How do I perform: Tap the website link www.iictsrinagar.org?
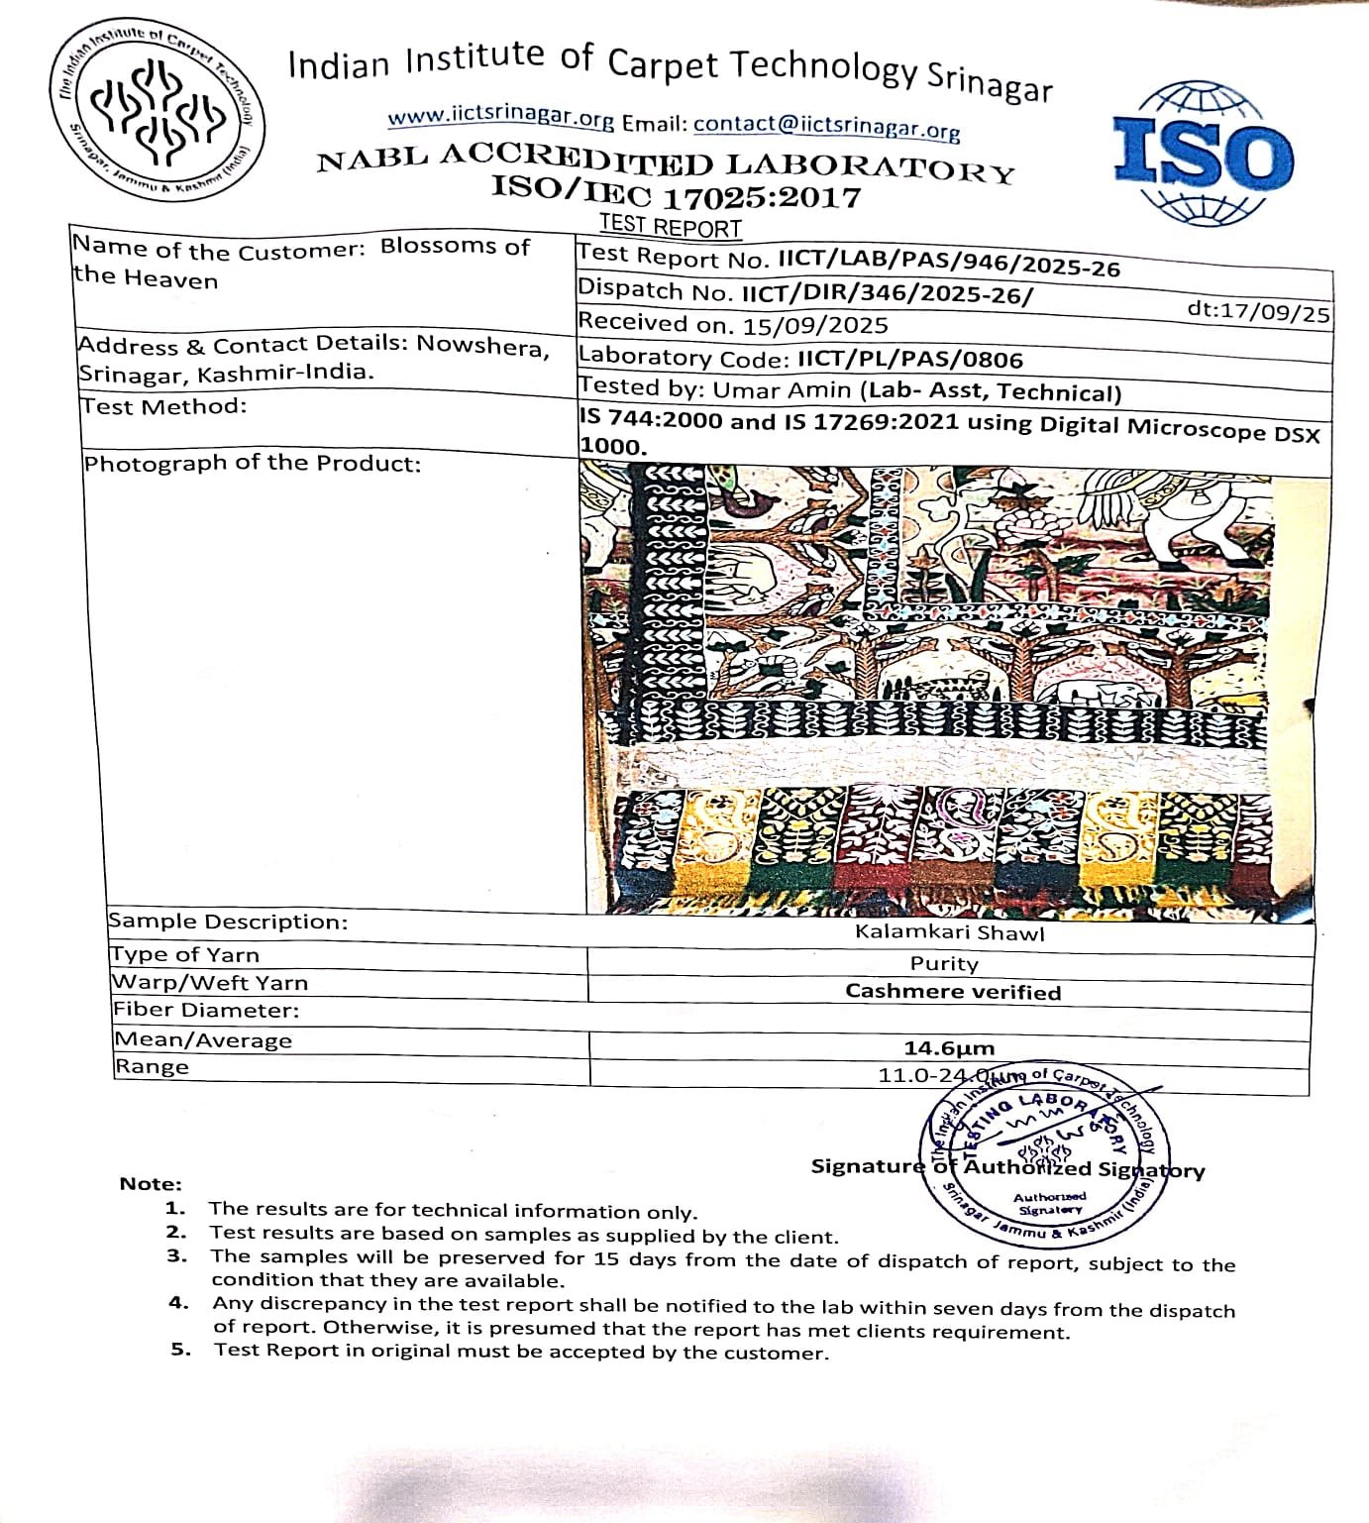tap(500, 117)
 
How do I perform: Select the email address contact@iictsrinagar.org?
tap(826, 126)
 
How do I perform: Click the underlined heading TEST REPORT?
tap(670, 228)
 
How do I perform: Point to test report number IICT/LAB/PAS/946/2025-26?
tap(948, 264)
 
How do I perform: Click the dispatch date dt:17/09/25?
tap(1258, 312)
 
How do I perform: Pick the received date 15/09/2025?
tap(815, 325)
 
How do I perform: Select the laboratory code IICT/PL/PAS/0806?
tap(909, 359)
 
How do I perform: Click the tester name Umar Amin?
tap(781, 389)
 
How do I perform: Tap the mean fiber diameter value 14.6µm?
tap(948, 1048)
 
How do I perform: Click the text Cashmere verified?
tap(952, 992)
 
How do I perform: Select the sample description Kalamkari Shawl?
tap(949, 932)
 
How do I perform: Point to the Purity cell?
tap(944, 963)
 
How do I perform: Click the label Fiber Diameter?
tap(205, 1011)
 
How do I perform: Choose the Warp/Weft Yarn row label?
tap(210, 983)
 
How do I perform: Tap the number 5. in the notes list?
tap(179, 1349)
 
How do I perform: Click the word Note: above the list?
tap(151, 1184)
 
